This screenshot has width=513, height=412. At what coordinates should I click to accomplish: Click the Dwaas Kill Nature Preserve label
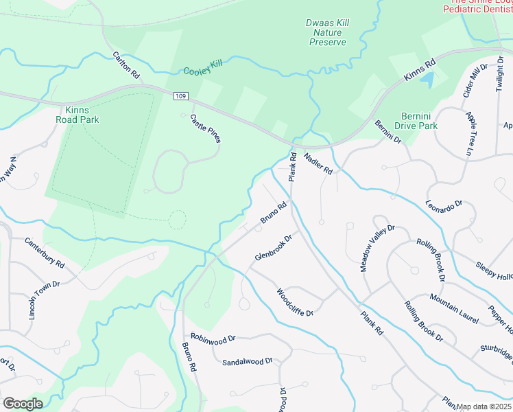coord(327,32)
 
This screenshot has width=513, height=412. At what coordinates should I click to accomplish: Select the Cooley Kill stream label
coord(203,67)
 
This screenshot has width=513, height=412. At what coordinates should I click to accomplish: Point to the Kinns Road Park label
coord(82,115)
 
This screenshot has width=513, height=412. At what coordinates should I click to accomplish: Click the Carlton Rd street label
coord(127,63)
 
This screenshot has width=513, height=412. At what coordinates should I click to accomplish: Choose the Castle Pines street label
coord(206,128)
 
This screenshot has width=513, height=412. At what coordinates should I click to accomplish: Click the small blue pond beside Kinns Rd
coord(427,79)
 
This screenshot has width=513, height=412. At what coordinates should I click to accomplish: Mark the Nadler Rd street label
coord(318,163)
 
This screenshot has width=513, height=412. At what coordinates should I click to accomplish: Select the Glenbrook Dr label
coord(274,247)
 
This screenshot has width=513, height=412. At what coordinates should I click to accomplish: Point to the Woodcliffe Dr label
coord(295,302)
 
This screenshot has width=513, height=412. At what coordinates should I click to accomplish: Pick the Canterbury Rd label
coord(45,253)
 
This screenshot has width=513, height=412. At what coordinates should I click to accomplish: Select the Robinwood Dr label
coord(213,339)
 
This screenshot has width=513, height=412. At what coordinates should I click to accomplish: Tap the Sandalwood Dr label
coord(248,360)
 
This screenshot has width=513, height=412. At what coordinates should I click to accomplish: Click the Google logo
coord(23,404)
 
